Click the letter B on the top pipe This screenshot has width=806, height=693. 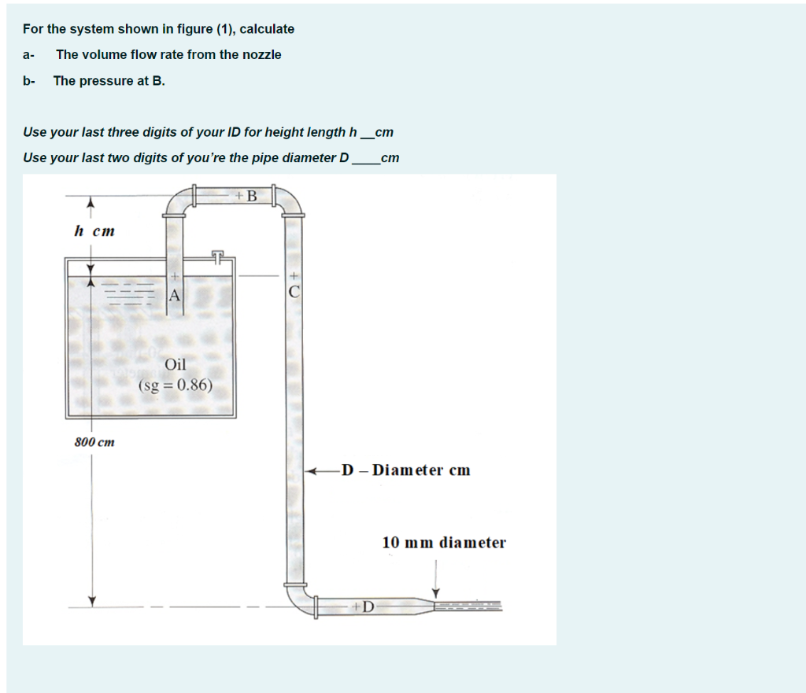coord(252,196)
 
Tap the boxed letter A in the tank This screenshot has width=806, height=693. coord(174,296)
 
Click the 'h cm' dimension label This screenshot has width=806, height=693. coord(94,231)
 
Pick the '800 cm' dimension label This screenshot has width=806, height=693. coord(94,442)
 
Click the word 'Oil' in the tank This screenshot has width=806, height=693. coord(176,365)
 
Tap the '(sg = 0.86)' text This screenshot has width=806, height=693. coord(176,385)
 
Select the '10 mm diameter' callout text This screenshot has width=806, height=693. coord(444,543)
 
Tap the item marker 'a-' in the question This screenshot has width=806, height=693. coord(29,55)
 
